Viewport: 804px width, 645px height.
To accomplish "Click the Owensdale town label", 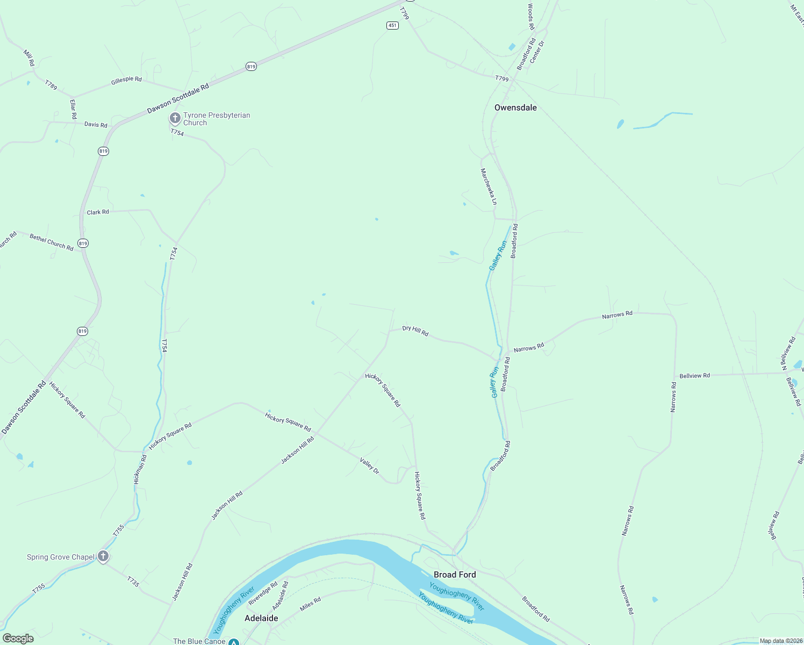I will [x=515, y=107].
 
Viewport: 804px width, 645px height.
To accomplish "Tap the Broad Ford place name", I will [x=455, y=575].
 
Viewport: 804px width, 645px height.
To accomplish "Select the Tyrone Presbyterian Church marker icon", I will [x=175, y=118].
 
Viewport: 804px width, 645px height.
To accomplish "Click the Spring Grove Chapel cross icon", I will [x=103, y=557].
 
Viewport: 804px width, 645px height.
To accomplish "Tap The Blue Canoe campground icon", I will [x=234, y=642].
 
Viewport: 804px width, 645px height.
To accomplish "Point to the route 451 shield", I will [x=392, y=25].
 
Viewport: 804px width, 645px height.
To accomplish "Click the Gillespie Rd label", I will [x=126, y=80].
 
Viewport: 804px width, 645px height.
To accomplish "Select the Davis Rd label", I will [x=96, y=125].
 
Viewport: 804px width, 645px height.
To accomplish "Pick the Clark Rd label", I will [x=98, y=212].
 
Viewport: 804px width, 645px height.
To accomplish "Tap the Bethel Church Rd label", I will [x=52, y=242].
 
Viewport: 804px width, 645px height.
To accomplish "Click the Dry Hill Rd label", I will [x=415, y=331].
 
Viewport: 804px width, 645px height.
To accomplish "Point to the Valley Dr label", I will [x=370, y=465].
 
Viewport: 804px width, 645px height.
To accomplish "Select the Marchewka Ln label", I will [x=489, y=187].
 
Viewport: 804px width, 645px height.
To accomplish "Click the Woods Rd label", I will [x=530, y=17].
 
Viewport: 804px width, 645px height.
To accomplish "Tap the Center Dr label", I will [x=537, y=52].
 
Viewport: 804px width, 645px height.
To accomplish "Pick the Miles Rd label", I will [x=310, y=604].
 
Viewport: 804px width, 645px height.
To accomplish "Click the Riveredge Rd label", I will [x=263, y=593].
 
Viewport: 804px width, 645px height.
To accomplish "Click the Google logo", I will [x=18, y=639].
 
